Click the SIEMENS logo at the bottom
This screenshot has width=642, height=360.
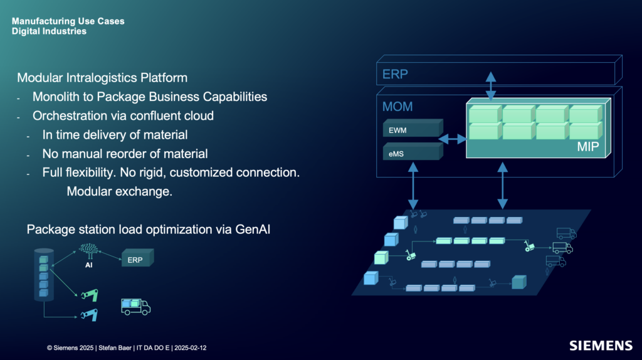point(601,346)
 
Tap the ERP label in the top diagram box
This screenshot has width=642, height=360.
point(395,75)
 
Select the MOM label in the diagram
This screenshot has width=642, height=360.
point(397,107)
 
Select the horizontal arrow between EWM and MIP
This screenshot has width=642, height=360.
point(452,139)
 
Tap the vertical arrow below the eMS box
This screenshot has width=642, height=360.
point(413,186)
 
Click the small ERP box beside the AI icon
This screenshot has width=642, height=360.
point(136,260)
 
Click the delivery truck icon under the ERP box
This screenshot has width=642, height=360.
point(135,306)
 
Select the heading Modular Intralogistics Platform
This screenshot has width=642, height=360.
point(102,78)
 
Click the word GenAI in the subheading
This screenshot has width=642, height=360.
point(253,230)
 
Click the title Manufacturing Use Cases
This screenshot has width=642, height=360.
point(68,21)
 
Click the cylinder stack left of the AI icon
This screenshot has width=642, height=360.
point(44,276)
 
